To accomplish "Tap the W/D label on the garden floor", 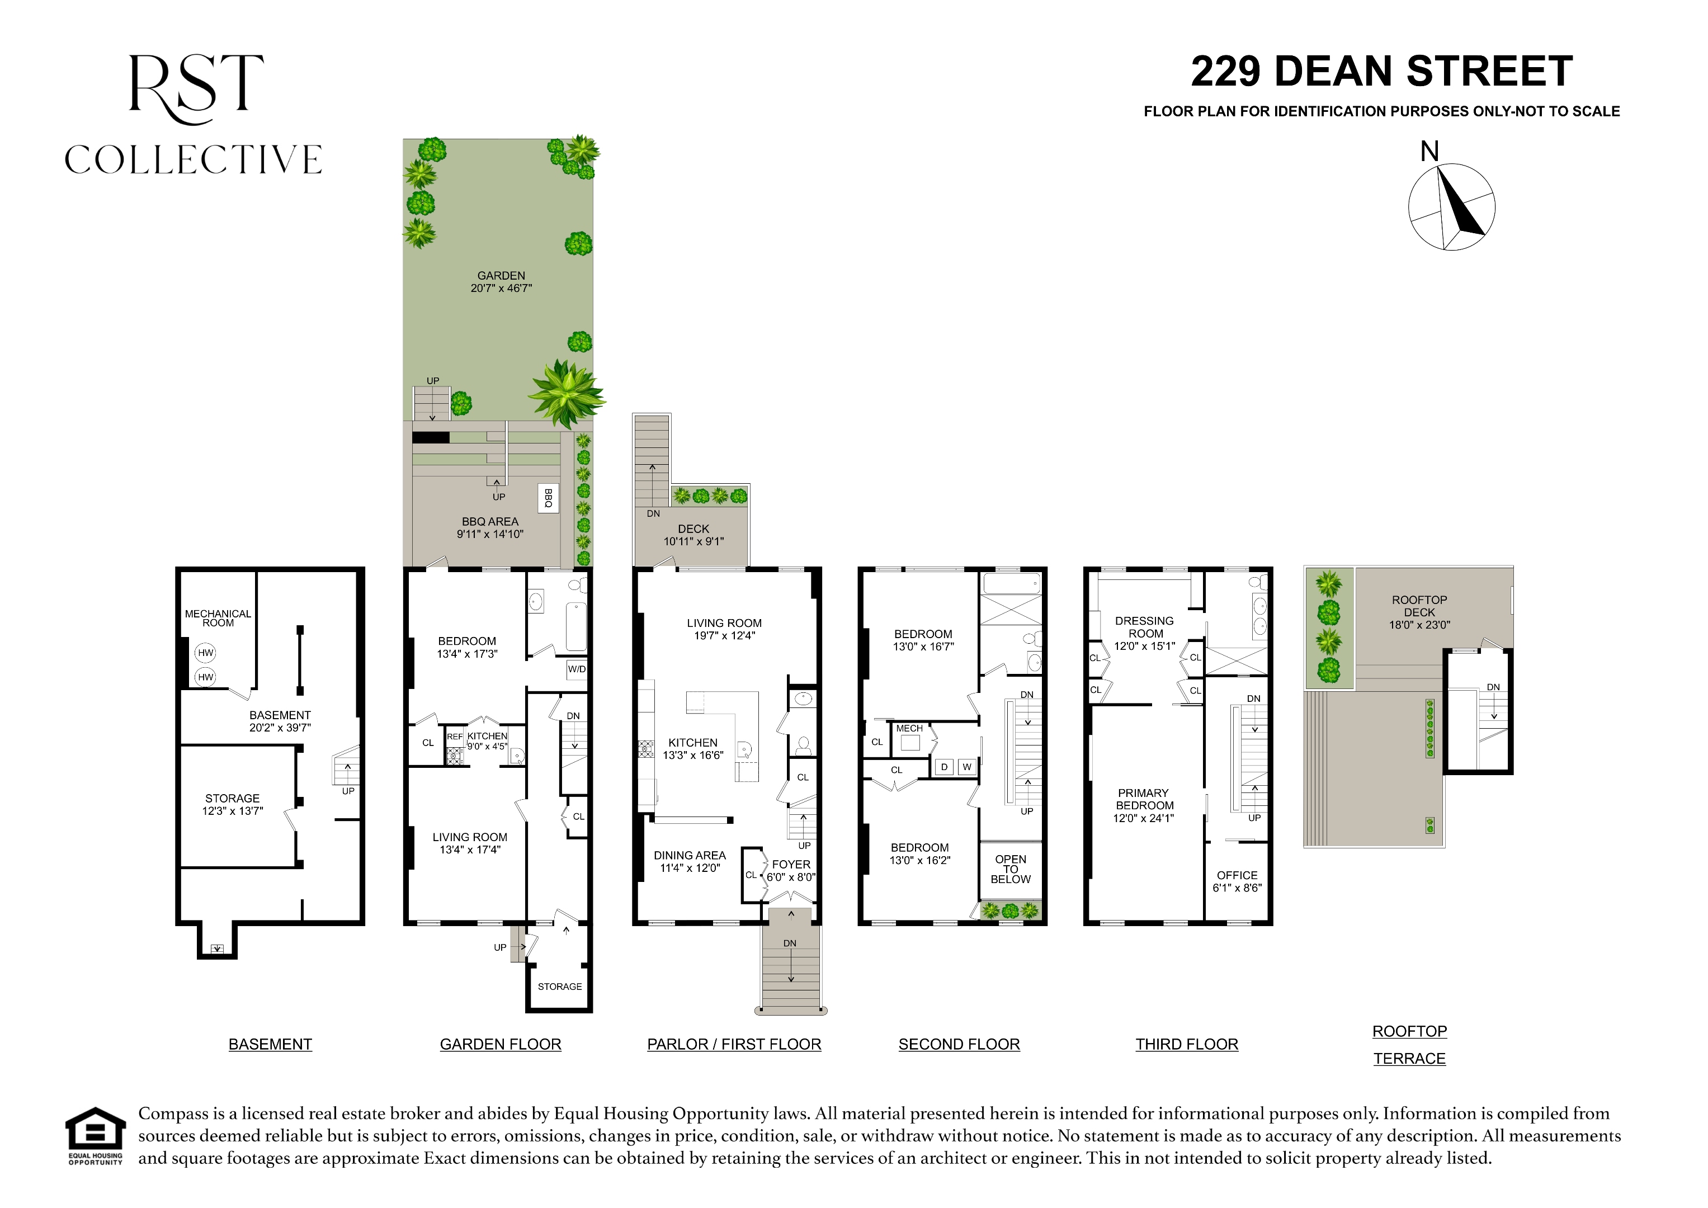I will pos(577,669).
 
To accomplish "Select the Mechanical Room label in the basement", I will pos(218,618).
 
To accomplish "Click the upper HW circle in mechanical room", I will pos(205,653).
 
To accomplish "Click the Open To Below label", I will pos(1010,869).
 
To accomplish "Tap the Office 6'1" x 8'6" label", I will pos(1237,881).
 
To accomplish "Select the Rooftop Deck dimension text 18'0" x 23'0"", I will pos(1419,625).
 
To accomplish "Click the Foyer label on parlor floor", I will pos(791,865).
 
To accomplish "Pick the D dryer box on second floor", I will pos(944,767).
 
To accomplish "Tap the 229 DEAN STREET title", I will pos(1381,72).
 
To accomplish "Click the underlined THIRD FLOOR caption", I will pos(1187,1044).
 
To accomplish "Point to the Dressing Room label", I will pos(1145,633).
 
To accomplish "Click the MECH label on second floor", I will pos(909,728).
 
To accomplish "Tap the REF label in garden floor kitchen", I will pos(455,737).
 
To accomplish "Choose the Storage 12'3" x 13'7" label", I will pos(232,804).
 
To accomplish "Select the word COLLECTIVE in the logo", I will pos(194,159).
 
